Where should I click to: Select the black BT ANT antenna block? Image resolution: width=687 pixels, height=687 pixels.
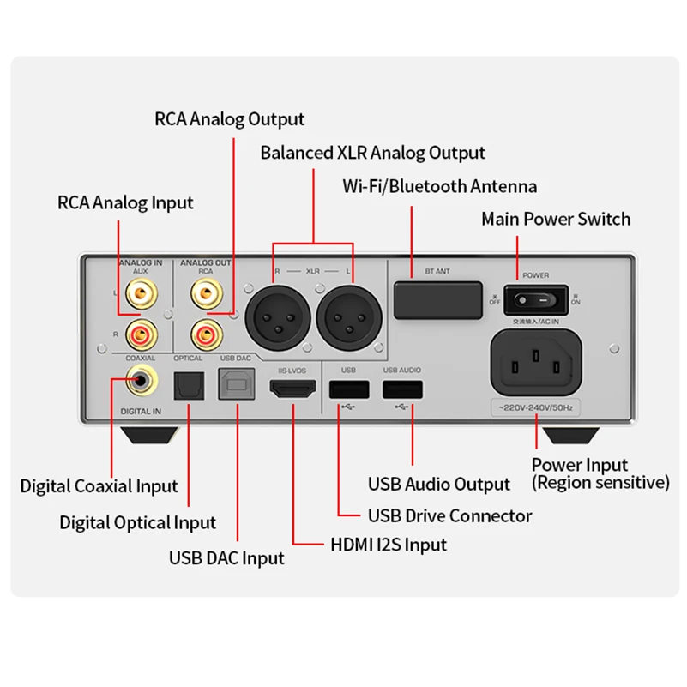pos(438,299)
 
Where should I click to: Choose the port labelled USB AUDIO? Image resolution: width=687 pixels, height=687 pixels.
pos(402,391)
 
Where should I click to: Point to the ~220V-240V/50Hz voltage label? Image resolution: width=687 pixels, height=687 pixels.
pos(534,408)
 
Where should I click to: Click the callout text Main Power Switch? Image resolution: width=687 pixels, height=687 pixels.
pos(555,219)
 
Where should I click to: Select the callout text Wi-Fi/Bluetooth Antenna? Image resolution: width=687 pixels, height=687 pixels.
pos(439,186)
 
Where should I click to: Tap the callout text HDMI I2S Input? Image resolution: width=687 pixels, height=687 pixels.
pos(389,545)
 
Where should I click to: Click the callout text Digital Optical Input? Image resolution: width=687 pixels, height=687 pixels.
pos(137,521)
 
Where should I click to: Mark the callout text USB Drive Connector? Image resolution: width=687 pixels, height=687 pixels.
pos(449,515)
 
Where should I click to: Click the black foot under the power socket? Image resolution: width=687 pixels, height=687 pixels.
pos(568,436)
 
